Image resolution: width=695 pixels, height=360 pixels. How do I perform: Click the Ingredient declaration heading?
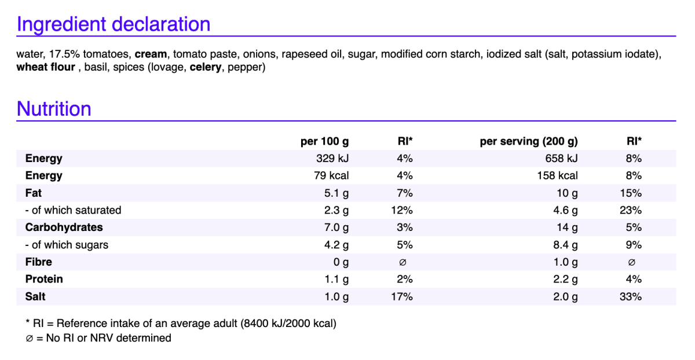click(114, 24)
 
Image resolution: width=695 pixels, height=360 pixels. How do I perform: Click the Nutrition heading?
click(54, 109)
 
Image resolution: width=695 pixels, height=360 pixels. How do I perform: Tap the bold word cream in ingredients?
click(151, 54)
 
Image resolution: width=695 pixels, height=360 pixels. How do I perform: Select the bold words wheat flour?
click(46, 67)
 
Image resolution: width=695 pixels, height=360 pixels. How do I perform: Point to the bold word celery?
click(206, 67)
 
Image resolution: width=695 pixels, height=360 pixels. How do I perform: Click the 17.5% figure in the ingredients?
click(65, 54)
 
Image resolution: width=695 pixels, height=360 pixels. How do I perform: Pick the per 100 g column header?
click(324, 141)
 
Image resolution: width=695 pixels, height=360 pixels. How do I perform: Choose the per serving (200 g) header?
click(529, 141)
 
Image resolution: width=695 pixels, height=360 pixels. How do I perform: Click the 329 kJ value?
click(332, 159)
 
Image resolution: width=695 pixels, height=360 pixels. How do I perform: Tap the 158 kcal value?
click(558, 175)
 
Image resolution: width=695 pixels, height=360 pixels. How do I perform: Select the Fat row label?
click(34, 193)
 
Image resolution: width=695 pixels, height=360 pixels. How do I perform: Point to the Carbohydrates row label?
click(64, 227)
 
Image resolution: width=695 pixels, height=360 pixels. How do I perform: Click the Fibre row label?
click(38, 262)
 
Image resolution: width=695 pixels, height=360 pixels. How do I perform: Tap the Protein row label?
click(44, 279)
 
